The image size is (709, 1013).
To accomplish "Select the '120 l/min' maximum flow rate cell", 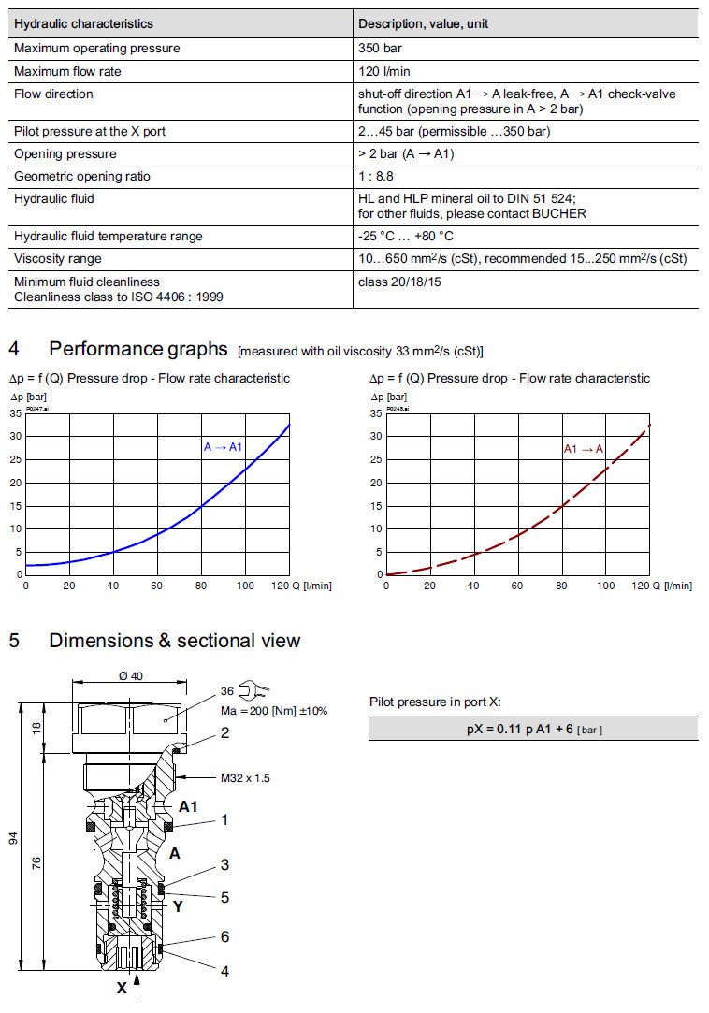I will coord(383,71).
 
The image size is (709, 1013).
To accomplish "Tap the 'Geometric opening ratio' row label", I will coord(81,177).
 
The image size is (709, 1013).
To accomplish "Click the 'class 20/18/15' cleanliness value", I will coord(399,281).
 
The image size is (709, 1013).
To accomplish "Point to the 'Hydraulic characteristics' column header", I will coord(83,23).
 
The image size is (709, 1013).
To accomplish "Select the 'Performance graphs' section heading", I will coord(137,349).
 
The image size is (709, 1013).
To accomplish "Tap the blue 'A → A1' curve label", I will coord(223,447).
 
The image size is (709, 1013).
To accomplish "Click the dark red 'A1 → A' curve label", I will coord(583,449).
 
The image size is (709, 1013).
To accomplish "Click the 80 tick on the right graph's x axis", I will coord(561,586).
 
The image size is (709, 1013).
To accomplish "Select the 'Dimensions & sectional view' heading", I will coord(174,641).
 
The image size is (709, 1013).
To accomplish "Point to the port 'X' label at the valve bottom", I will coord(122,986).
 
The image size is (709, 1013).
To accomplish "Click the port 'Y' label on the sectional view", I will coord(177,905).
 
